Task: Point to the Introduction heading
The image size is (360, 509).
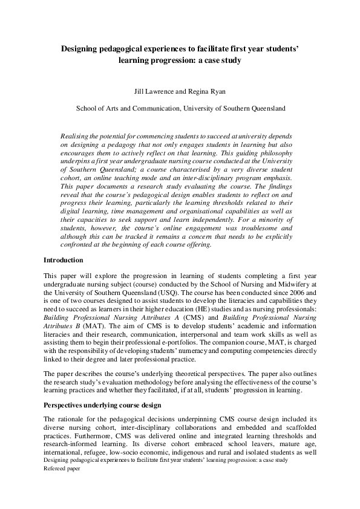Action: pyautogui.click(x=64, y=260)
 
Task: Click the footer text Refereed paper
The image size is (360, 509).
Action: pyautogui.click(x=62, y=468)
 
